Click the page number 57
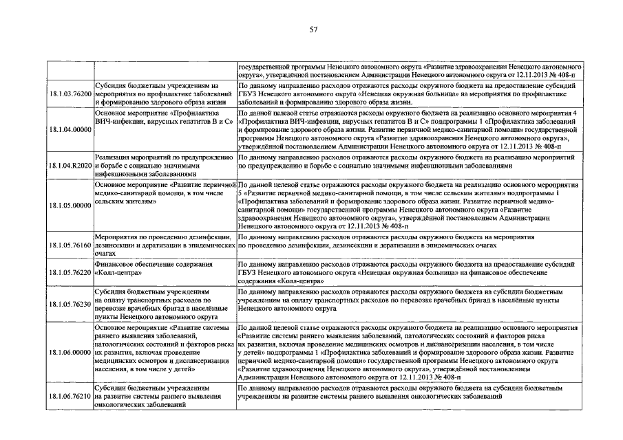313,30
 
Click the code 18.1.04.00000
70,129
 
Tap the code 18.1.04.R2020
70,166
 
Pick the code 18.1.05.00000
70,205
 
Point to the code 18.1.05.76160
70,244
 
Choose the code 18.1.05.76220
70,273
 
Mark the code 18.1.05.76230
70,303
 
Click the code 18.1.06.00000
70,352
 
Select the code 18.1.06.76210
70,396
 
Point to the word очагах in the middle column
107,252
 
